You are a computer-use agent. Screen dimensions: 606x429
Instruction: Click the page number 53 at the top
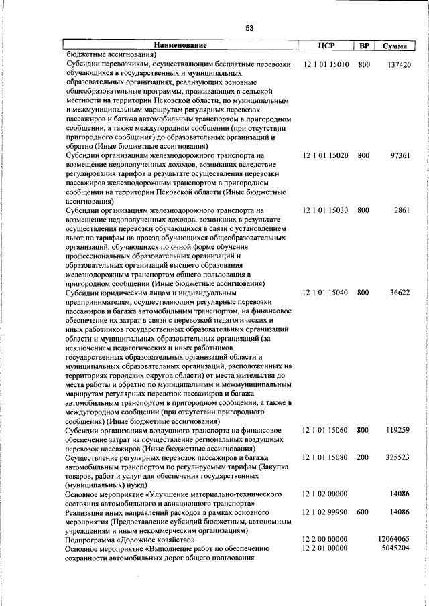[249, 28]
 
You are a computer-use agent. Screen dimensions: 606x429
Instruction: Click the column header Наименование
[180, 46]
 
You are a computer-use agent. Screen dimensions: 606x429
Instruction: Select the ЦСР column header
[326, 46]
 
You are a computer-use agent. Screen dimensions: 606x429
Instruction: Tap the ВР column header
[364, 46]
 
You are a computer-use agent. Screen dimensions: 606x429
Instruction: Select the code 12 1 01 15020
[325, 156]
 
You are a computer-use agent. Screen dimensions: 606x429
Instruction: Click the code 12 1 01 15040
[325, 293]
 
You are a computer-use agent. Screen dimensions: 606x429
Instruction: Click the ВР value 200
[363, 457]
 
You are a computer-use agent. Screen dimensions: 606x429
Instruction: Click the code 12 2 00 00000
[325, 539]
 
